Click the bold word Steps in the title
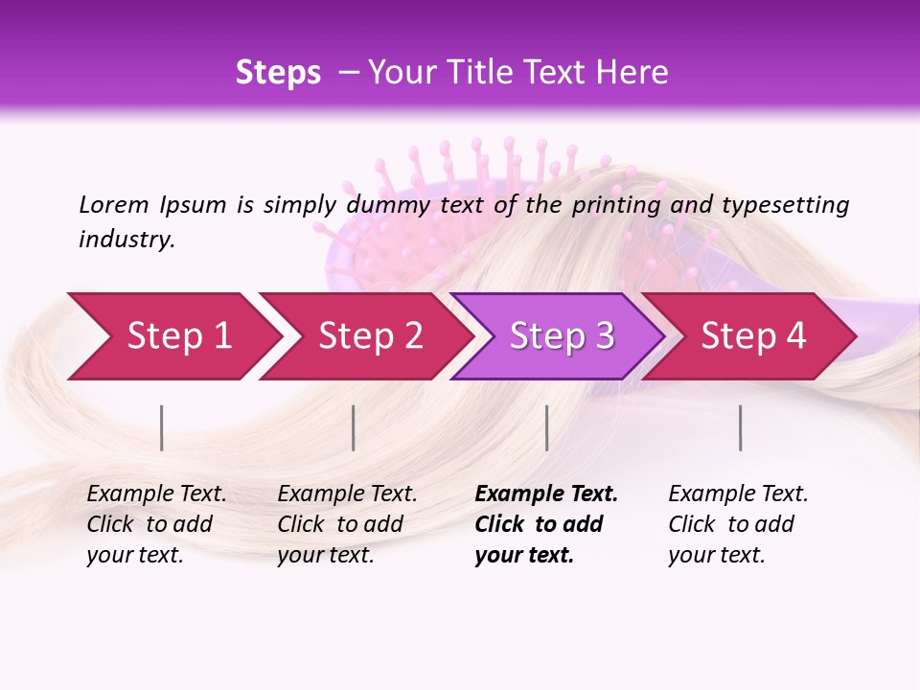coord(278,73)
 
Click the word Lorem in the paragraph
coord(114,204)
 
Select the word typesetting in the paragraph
coord(785,204)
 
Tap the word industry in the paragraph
coord(126,240)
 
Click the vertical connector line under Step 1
coord(162,427)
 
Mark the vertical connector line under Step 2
coord(354,427)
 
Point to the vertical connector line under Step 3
coord(546,427)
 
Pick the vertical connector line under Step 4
coord(740,427)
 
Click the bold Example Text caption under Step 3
coord(545,524)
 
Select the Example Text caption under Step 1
coord(156,524)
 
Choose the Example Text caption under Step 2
coord(347,524)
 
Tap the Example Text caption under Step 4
coord(738,524)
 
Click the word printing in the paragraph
coord(616,204)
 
